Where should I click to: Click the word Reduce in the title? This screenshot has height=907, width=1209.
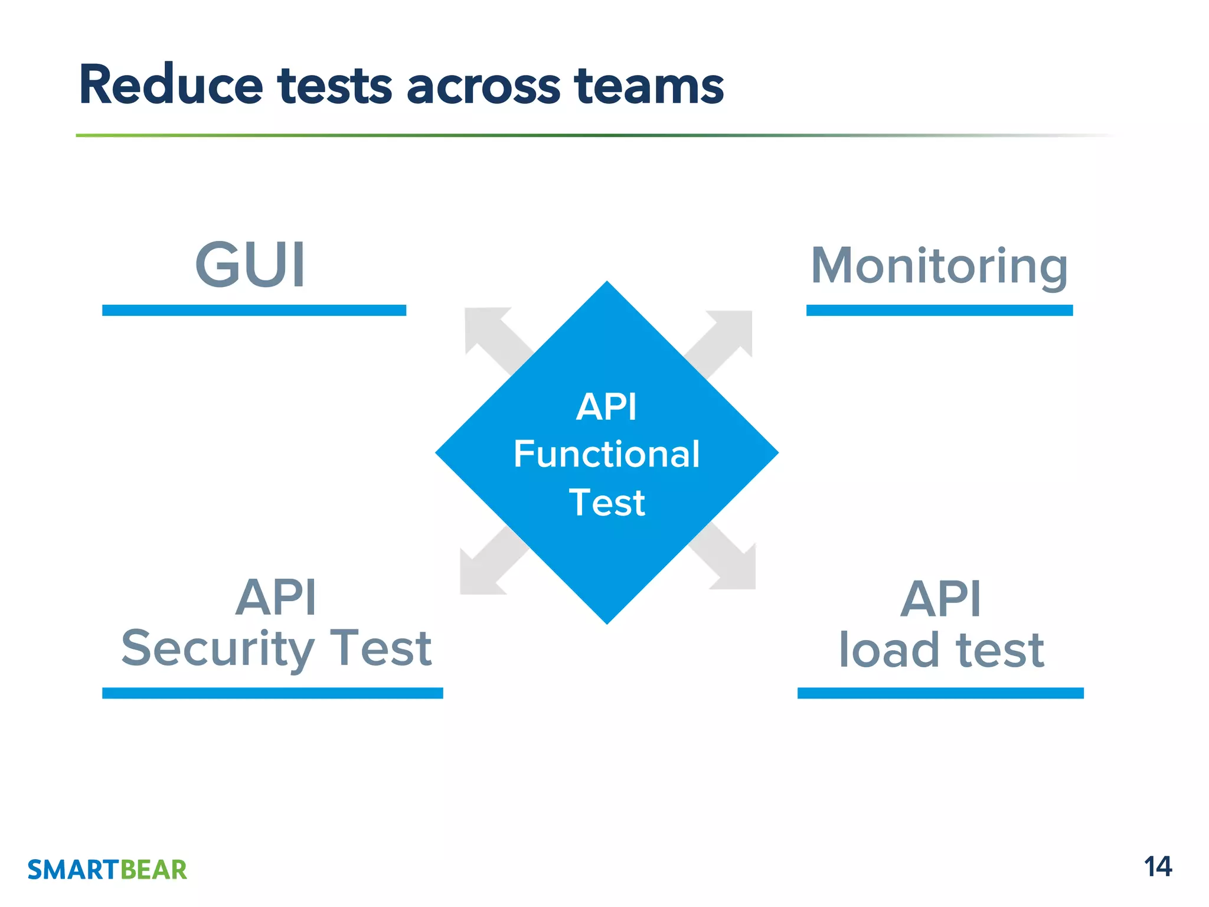[x=171, y=86]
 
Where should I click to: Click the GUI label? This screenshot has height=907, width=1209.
[x=250, y=266]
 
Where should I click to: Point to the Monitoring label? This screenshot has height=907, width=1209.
[x=939, y=267]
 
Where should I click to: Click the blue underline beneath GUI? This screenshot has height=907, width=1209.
[x=254, y=311]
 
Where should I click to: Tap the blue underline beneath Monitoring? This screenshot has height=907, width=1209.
[x=939, y=311]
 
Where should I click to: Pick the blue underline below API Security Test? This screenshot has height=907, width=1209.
[x=272, y=693]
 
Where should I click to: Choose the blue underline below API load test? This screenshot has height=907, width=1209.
[x=940, y=693]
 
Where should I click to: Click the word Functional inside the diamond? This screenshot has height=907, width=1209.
[x=606, y=455]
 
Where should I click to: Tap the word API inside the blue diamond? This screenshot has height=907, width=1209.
[x=606, y=407]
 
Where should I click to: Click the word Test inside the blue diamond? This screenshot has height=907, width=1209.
[x=606, y=503]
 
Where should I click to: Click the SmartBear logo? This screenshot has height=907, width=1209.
[x=107, y=870]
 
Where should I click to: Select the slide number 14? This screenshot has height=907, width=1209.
[x=1158, y=867]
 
